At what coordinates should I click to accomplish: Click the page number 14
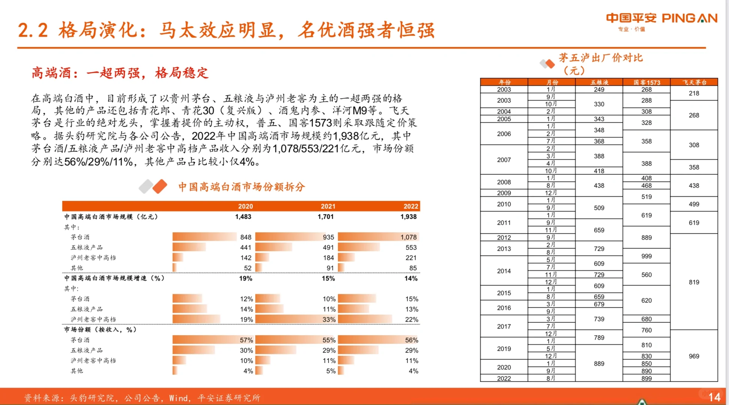[x=714, y=397]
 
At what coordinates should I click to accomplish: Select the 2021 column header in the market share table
[x=328, y=206]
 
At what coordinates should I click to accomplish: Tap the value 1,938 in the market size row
[x=408, y=217]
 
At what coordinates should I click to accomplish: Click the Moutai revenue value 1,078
[x=408, y=237]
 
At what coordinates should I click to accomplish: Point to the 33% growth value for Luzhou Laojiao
[x=329, y=319]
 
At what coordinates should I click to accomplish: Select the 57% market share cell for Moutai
[x=246, y=340]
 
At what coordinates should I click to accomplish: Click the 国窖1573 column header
[x=646, y=82]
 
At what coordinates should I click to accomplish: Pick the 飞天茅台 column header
[x=694, y=82]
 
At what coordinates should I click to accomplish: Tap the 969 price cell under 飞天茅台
[x=694, y=356]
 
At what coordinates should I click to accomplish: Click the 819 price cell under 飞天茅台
[x=694, y=282]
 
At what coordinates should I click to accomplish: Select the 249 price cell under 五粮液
[x=599, y=90]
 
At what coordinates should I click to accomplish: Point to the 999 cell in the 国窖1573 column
[x=646, y=256]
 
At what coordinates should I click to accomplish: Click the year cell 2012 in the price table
[x=504, y=237]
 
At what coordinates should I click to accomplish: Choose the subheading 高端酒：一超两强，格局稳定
[x=120, y=73]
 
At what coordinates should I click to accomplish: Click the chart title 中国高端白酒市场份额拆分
[x=241, y=187]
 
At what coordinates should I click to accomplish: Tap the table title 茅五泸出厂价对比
[x=600, y=58]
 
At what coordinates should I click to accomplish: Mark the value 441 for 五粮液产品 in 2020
[x=246, y=247]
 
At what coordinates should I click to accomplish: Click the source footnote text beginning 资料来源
[x=142, y=398]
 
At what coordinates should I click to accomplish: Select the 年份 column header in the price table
[x=504, y=82]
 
